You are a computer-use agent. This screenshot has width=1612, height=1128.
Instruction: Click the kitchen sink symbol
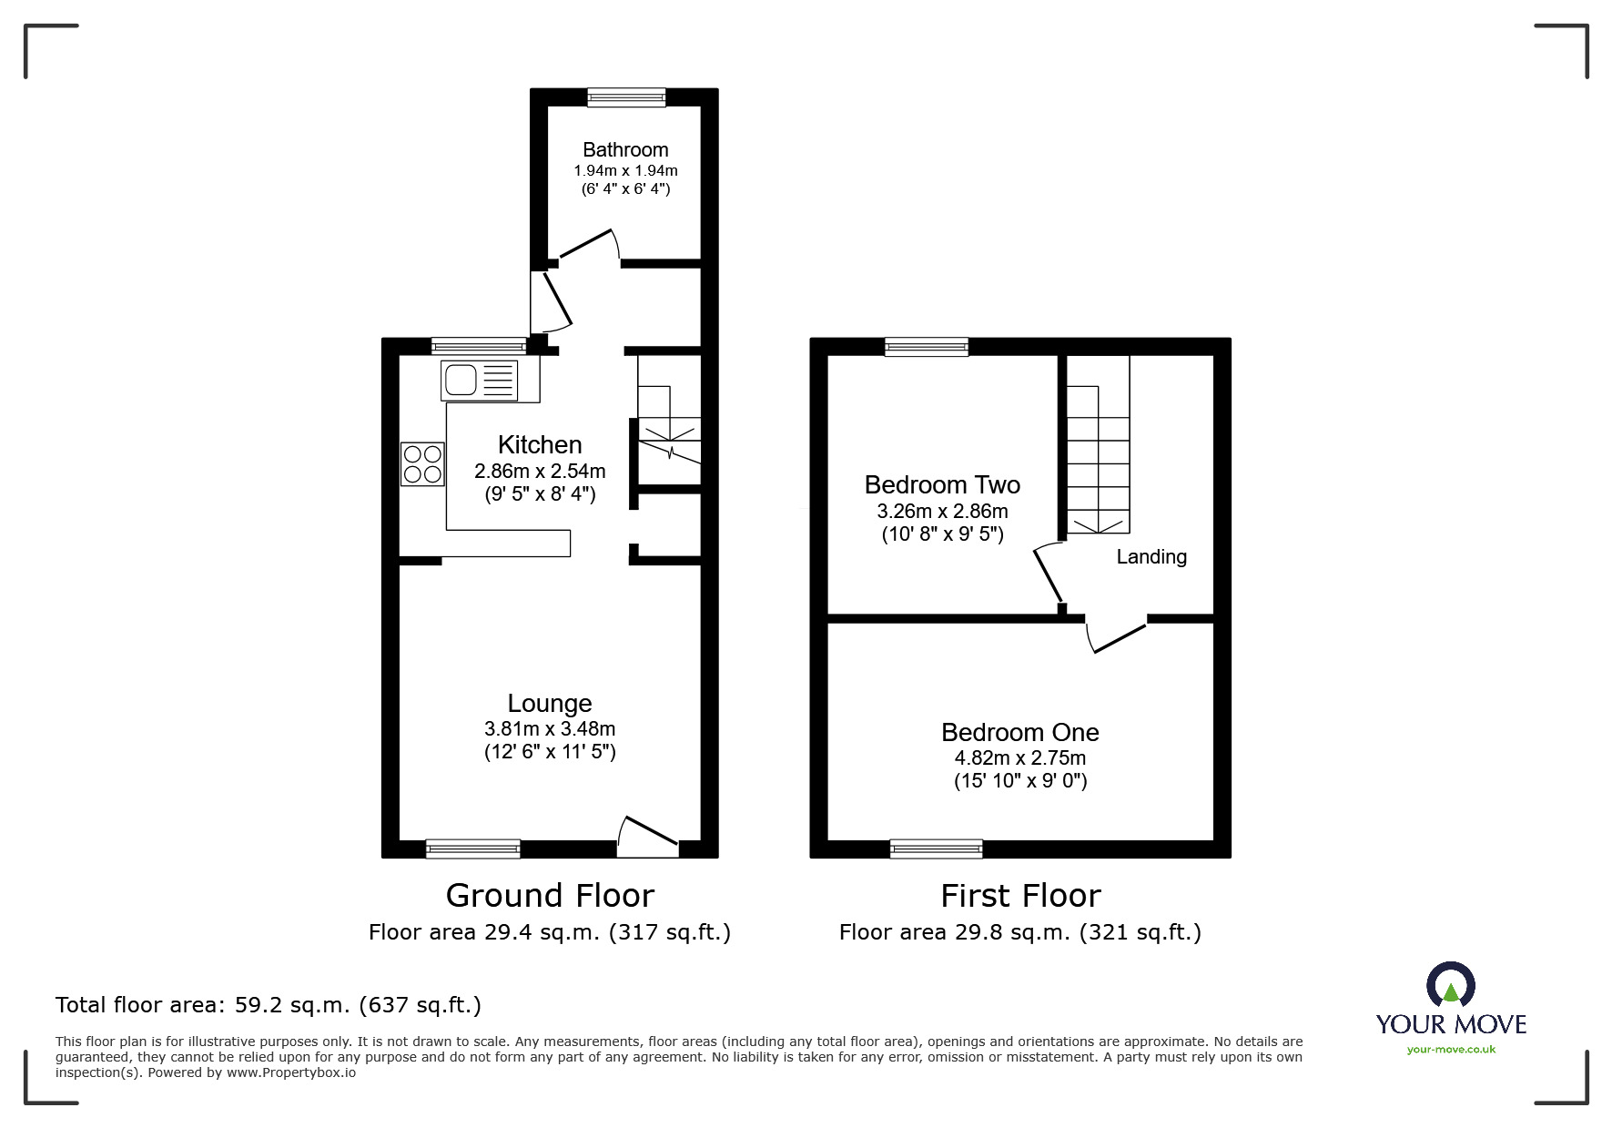480,380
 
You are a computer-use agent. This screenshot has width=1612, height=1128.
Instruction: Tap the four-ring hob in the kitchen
422,463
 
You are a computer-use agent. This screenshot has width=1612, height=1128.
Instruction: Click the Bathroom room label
625,149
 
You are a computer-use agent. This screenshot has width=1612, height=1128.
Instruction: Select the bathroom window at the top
626,97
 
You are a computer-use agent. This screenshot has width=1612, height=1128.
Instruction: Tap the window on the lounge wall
473,849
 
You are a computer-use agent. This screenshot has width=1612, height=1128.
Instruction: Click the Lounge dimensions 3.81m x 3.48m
550,728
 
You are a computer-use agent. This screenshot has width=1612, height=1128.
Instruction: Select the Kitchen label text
540,444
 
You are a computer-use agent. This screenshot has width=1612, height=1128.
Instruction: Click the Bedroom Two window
927,346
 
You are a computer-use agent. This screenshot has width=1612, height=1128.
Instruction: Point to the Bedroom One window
937,849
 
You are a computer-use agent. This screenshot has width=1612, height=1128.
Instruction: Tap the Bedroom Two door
1048,574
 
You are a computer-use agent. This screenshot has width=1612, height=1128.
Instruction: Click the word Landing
1151,556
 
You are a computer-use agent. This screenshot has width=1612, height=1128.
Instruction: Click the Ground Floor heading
550,895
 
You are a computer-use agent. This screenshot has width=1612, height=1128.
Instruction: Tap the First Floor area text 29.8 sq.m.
1019,931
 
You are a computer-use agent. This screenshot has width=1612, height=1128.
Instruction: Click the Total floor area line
269,1004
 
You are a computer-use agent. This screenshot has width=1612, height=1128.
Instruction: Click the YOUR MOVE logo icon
1450,985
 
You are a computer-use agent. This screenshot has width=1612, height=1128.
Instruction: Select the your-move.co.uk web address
1451,1049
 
